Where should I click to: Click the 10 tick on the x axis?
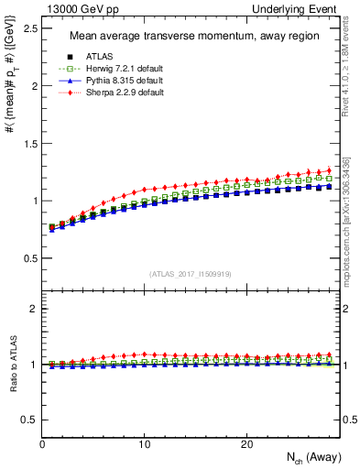tap(145, 444)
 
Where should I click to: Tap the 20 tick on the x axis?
tap(246, 444)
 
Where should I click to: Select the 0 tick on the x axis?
tap(43, 444)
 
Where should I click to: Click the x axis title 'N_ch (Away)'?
tap(301, 459)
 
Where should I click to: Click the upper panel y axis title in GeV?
tap(10, 88)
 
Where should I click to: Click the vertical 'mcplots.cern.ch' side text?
tap(351, 220)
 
